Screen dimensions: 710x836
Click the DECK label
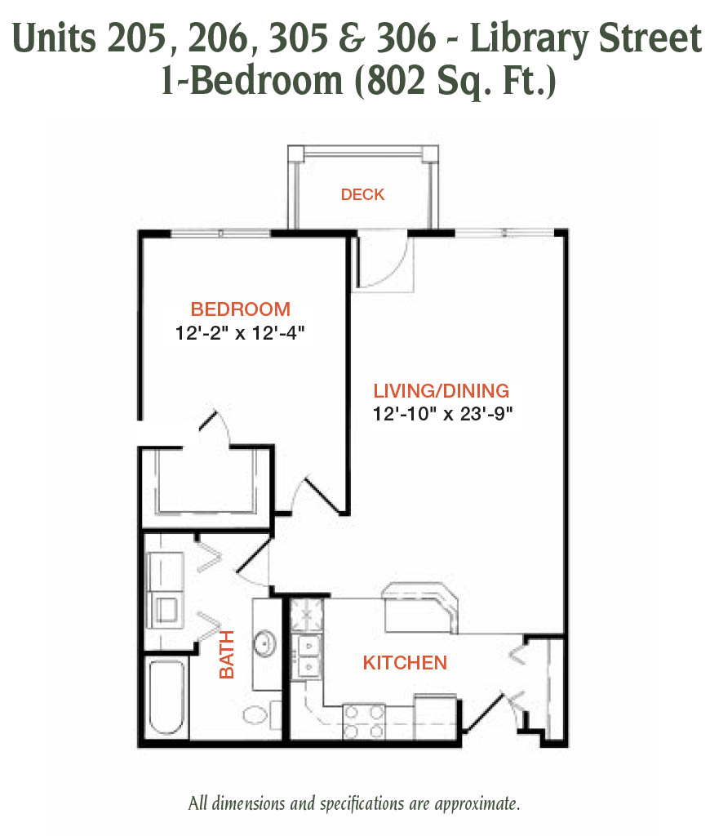pos(362,194)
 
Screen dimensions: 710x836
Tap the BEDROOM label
pos(241,309)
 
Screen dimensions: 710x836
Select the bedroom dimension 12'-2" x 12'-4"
pos(240,333)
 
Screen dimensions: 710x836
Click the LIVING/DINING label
pos(441,391)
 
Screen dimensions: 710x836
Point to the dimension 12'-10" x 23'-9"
pos(442,414)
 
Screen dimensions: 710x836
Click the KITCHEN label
pos(405,663)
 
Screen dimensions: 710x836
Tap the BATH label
pos(227,654)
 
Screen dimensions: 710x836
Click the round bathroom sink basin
pos(264,643)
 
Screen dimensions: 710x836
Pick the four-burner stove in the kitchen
pos(363,722)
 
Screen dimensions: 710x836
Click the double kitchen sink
pos(308,656)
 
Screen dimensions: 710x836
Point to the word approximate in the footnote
pos(477,804)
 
